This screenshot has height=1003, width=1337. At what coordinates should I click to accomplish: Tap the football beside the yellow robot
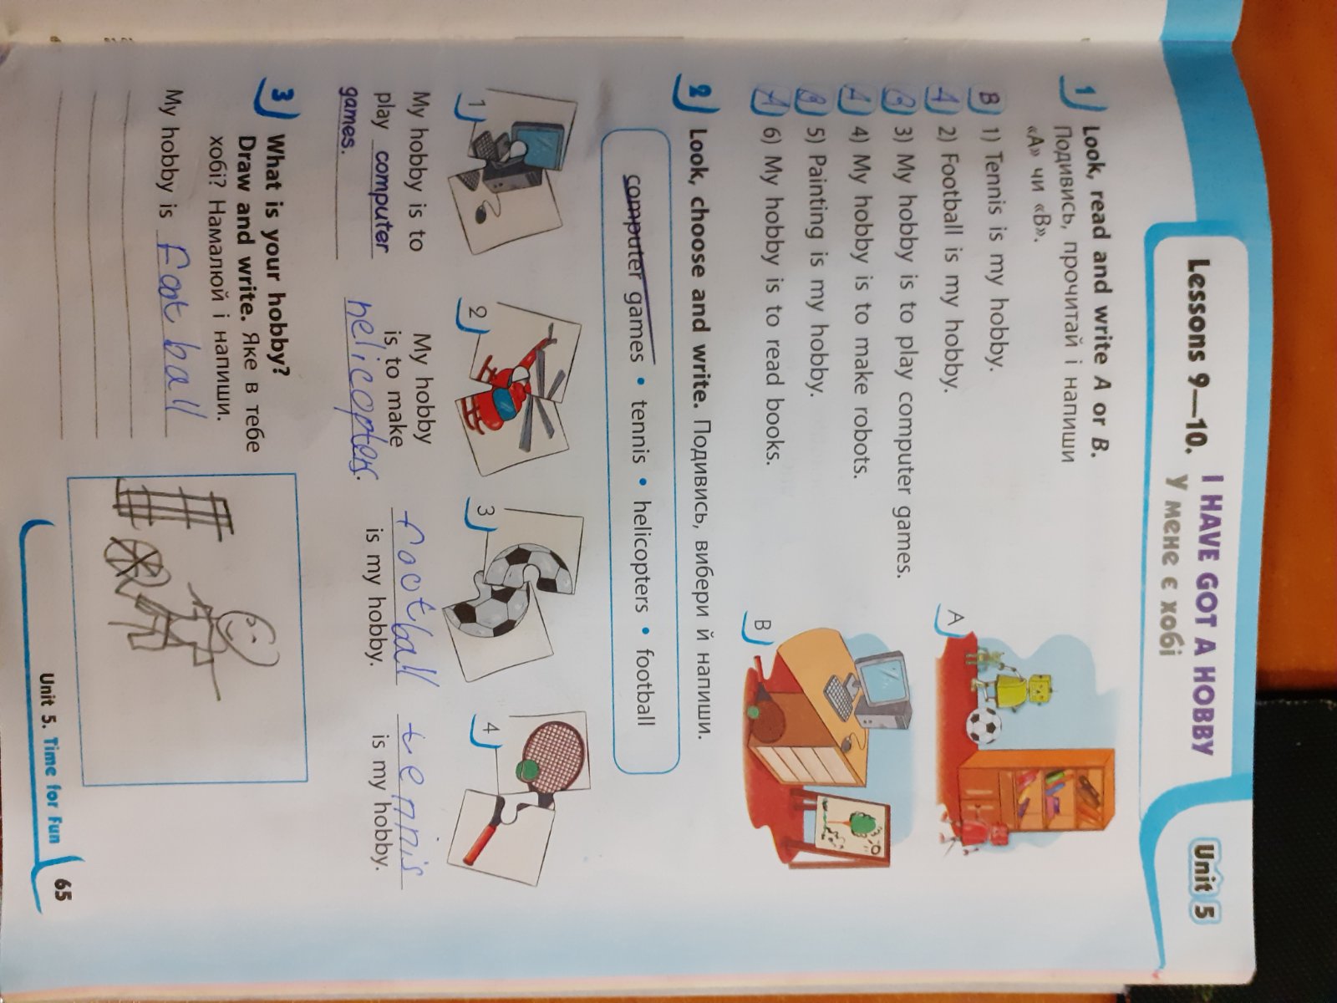click(983, 726)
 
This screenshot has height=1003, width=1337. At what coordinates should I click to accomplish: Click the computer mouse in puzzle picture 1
click(484, 213)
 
